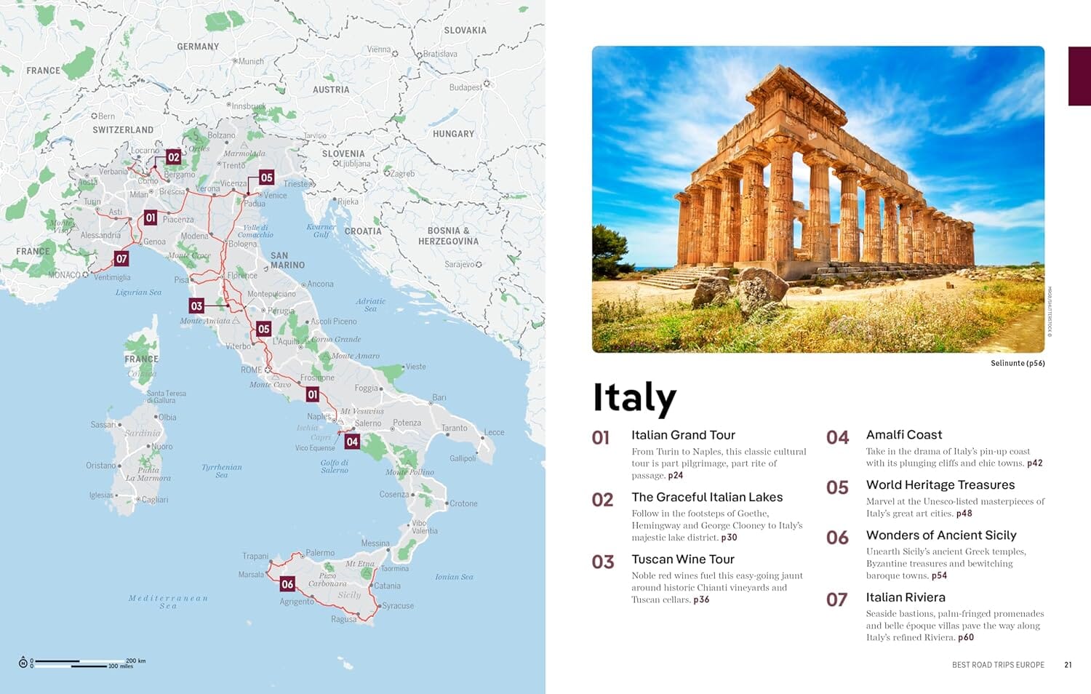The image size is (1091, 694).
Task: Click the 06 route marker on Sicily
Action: pyautogui.click(x=287, y=584)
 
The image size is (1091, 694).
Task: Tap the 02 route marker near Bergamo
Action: pyautogui.click(x=173, y=157)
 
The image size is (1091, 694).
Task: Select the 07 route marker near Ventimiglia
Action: pyautogui.click(x=121, y=258)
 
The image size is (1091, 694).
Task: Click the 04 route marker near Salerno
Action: pyautogui.click(x=352, y=442)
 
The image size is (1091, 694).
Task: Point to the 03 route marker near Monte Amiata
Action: pyautogui.click(x=196, y=306)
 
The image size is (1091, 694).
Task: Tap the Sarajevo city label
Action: pyautogui.click(x=460, y=265)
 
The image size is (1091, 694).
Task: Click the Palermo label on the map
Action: pyautogui.click(x=320, y=553)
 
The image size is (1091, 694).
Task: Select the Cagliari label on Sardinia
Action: pyautogui.click(x=155, y=500)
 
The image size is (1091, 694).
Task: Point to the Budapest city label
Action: pyautogui.click(x=465, y=87)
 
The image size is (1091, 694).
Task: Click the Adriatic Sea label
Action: pyautogui.click(x=371, y=305)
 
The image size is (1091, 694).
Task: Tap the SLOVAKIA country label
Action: pyautogui.click(x=465, y=31)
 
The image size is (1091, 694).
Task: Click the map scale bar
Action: pyautogui.click(x=80, y=663)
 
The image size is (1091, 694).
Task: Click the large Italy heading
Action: pyautogui.click(x=634, y=398)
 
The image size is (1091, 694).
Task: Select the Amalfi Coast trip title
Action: pyautogui.click(x=904, y=435)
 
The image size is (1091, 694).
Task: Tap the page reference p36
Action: pyautogui.click(x=701, y=600)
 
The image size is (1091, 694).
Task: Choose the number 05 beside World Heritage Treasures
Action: pyautogui.click(x=837, y=488)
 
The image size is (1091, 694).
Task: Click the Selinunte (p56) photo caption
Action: pyautogui.click(x=1017, y=363)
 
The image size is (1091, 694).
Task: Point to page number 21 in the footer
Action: pyautogui.click(x=1068, y=665)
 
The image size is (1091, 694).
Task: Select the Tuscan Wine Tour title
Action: pyautogui.click(x=683, y=559)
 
